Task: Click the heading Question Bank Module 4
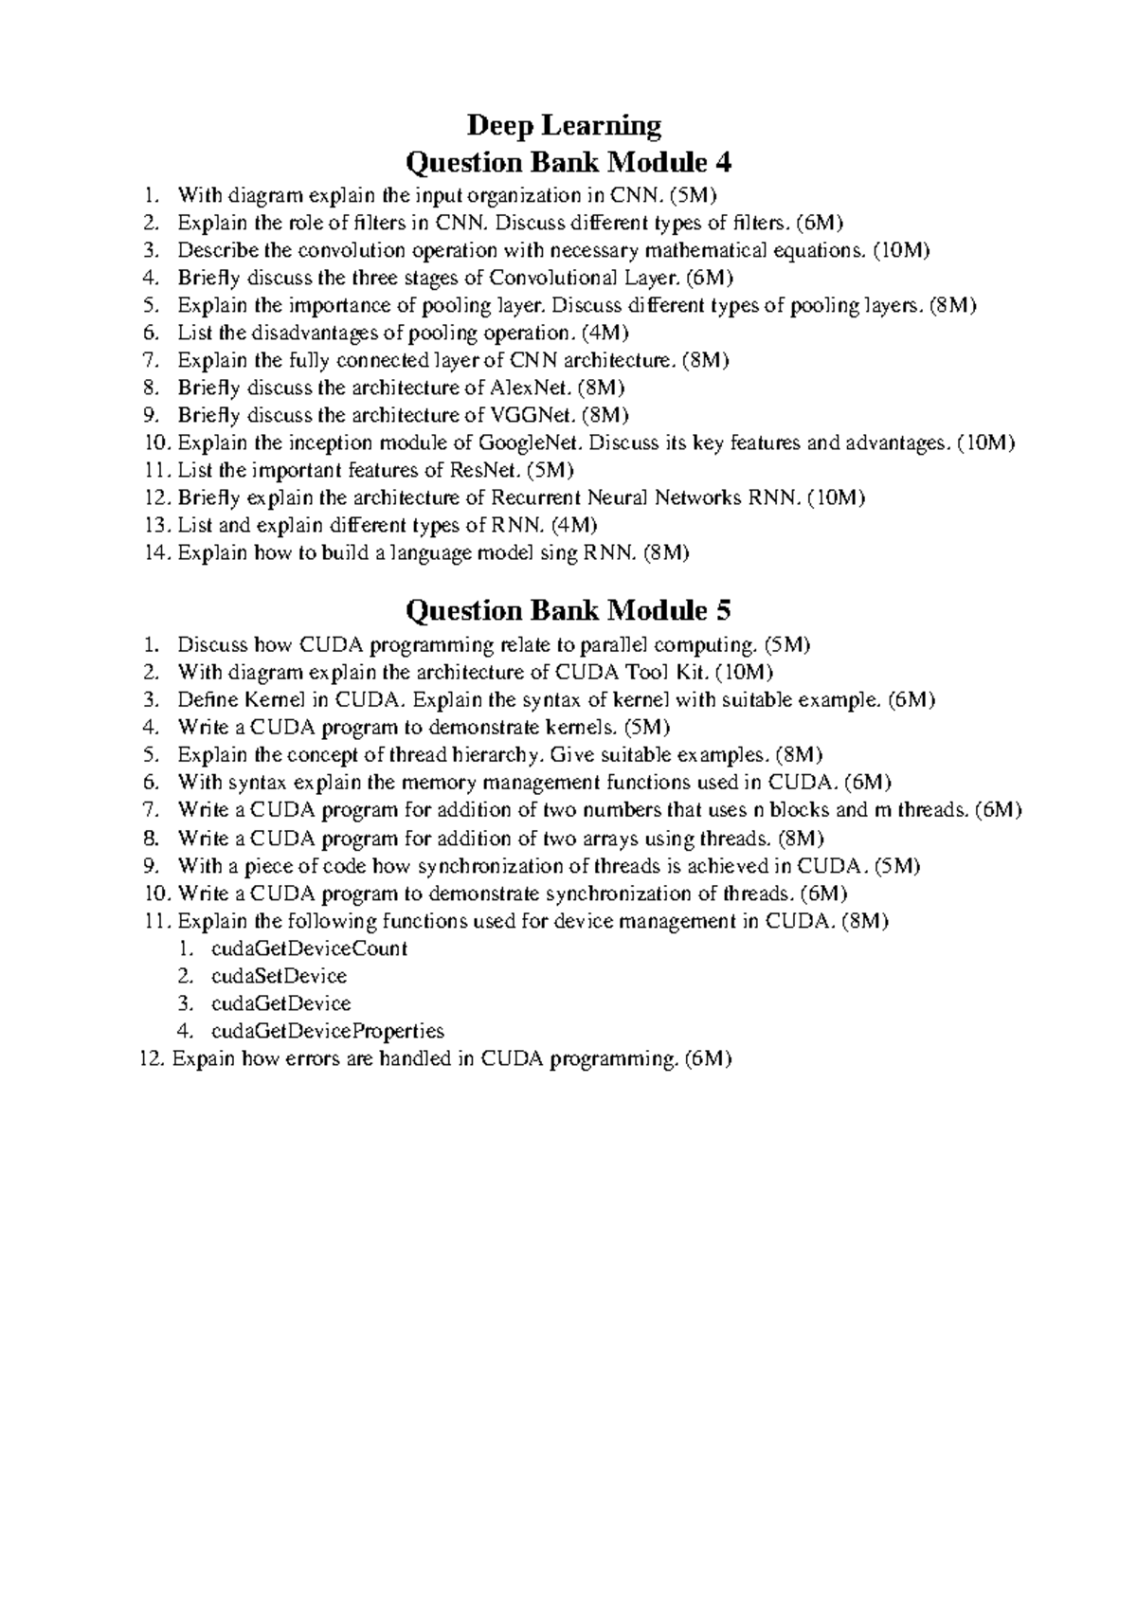click(x=568, y=163)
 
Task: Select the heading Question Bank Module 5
click(x=568, y=610)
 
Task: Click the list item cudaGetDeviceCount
click(x=309, y=948)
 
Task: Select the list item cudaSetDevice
click(x=279, y=976)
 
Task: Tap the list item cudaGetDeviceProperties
click(x=328, y=1031)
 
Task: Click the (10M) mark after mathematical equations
click(x=901, y=250)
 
